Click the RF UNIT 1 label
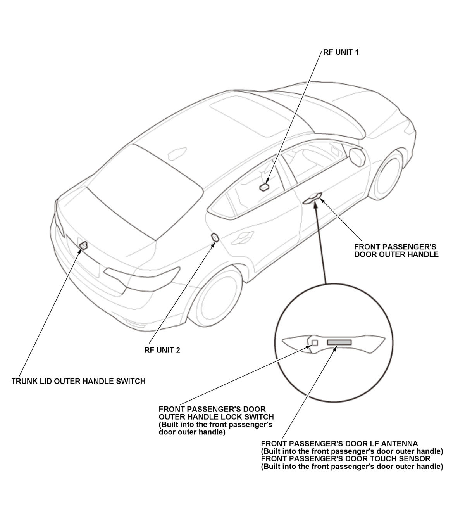tap(341, 52)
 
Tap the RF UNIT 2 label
tap(162, 350)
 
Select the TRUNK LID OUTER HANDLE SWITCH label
tap(78, 381)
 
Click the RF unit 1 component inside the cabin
tap(265, 187)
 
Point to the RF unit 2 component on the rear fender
tap(214, 237)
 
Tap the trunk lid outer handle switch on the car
tap(83, 245)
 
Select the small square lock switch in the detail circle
tap(315, 342)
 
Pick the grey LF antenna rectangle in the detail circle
tap(339, 342)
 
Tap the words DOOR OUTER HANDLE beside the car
tap(396, 255)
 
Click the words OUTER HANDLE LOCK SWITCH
tap(216, 417)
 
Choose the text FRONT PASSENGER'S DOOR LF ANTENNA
tap(339, 444)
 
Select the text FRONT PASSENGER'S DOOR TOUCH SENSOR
tap(346, 459)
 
